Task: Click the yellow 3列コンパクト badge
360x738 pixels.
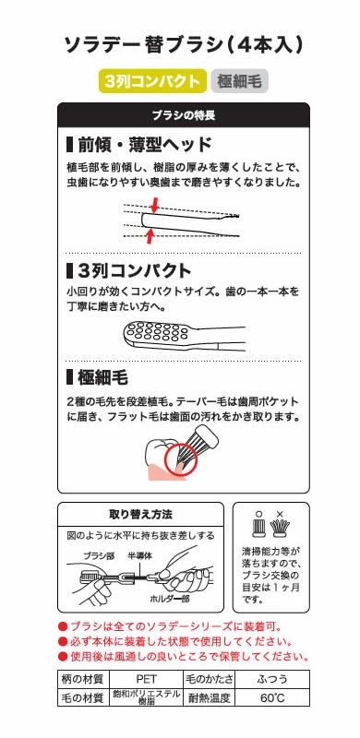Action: click(x=151, y=80)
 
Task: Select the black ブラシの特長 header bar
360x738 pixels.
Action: click(x=183, y=114)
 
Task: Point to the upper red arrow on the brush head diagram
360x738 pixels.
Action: click(x=154, y=203)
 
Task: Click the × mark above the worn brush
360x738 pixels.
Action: click(x=281, y=513)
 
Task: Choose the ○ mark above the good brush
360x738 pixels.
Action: click(x=258, y=513)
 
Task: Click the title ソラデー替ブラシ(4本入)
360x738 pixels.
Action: click(x=183, y=44)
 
